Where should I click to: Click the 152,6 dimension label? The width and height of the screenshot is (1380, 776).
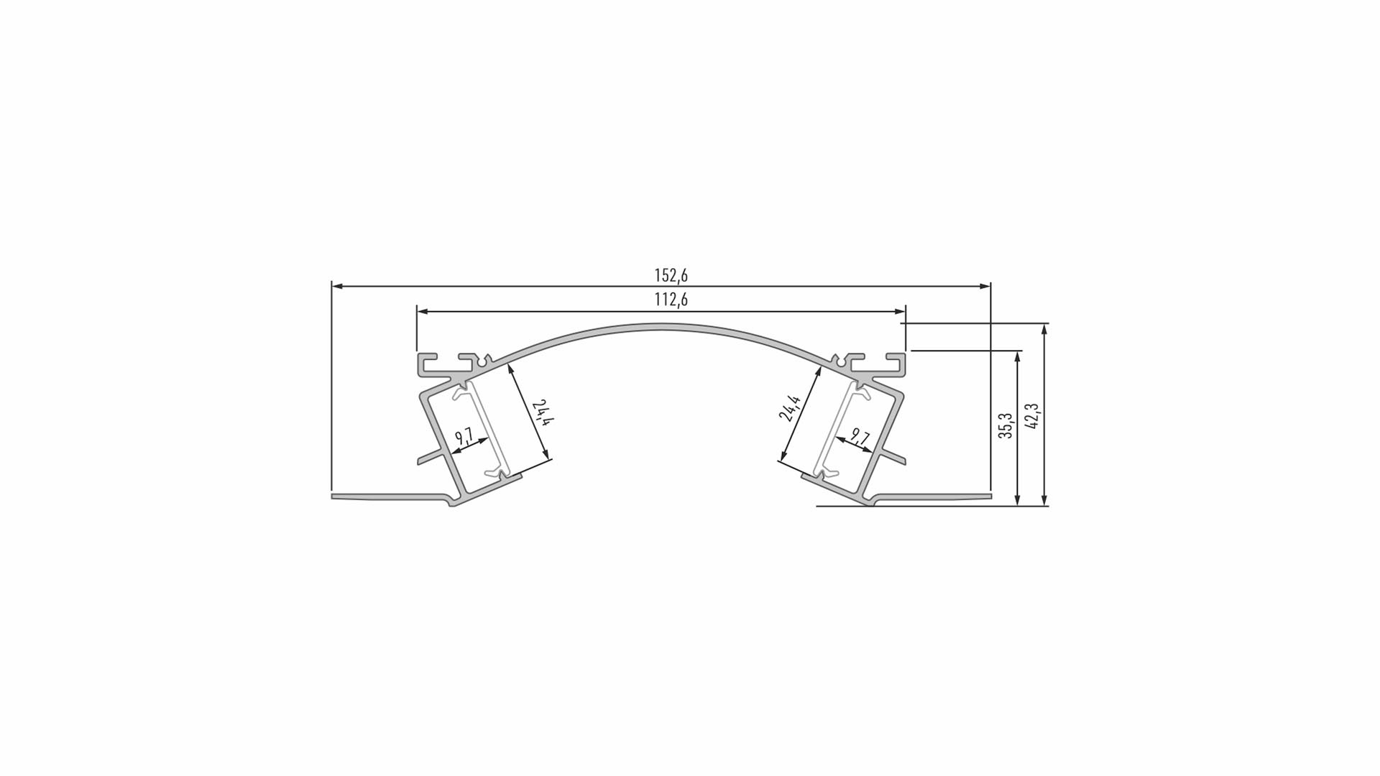tap(671, 275)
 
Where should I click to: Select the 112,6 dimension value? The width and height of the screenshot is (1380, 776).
tap(671, 300)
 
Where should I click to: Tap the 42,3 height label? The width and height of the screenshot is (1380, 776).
tap(1033, 416)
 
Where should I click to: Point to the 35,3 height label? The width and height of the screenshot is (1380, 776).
tap(1006, 425)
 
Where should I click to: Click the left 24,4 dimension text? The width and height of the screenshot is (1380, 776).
tap(542, 414)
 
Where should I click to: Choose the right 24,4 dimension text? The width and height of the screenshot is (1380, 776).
tap(789, 407)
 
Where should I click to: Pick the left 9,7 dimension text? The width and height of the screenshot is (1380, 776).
tap(464, 436)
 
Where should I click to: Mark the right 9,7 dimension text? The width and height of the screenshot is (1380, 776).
tap(860, 436)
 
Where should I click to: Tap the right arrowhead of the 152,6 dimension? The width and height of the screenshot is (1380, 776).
tap(985, 286)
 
